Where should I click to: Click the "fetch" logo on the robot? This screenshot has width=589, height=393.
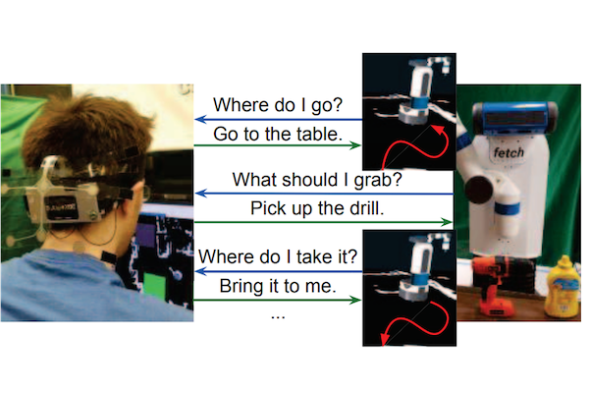point(509,152)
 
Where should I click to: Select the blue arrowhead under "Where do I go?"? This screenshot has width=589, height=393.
point(201,120)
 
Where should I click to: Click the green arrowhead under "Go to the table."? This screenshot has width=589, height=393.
point(355,145)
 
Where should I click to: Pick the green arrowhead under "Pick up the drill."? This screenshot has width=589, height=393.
point(447,222)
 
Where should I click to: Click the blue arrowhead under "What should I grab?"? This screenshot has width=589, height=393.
point(201,194)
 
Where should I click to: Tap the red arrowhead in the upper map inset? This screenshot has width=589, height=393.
point(437,130)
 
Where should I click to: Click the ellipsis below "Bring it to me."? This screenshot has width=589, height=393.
point(278,317)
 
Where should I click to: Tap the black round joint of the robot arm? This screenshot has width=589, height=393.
point(479,190)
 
